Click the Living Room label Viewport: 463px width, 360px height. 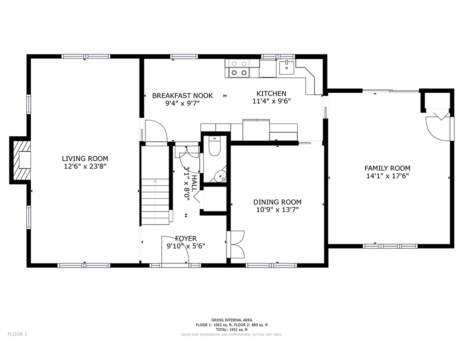click(85, 158)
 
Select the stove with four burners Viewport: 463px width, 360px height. click(239, 68)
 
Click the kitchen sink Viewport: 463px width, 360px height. click(286, 68)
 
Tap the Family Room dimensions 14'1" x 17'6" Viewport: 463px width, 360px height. click(387, 176)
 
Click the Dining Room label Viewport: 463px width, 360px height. click(277, 202)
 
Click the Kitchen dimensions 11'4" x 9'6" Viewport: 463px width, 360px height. click(271, 101)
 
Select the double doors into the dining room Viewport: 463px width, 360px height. click(237, 245)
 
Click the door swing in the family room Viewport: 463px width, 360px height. click(437, 126)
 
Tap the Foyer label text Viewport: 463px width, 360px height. click(186, 239)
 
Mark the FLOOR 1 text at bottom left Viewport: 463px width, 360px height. click(18, 334)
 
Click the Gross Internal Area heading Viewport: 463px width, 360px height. click(231, 320)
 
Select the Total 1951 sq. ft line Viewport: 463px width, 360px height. click(231, 330)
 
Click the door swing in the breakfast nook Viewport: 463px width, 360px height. click(155, 130)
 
